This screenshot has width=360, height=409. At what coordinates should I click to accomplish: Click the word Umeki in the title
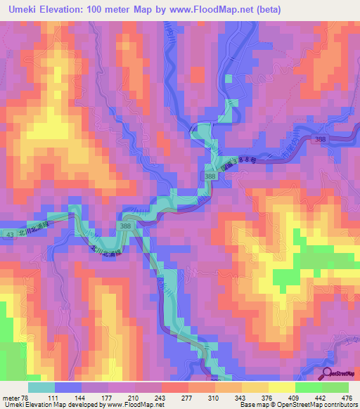[x=27, y=9]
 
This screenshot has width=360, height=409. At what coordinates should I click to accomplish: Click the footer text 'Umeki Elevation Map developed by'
[x=55, y=405]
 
